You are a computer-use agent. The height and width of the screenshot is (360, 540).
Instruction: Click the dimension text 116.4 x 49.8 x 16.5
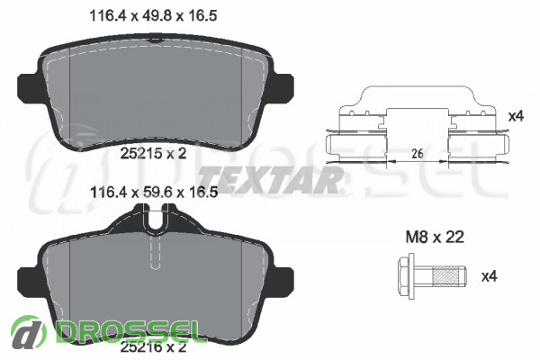(153, 15)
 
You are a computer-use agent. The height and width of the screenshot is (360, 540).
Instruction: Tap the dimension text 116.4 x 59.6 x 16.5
(153, 193)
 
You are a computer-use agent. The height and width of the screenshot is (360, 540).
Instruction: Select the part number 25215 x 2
(153, 153)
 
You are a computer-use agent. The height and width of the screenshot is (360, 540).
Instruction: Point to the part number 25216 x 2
(153, 346)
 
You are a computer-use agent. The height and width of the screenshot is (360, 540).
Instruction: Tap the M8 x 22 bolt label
(435, 237)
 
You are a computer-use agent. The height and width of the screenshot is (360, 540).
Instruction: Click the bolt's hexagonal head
(406, 276)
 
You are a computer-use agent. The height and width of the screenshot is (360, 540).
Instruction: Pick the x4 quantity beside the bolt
(489, 276)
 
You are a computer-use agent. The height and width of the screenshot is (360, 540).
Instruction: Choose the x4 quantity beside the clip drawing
(516, 116)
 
